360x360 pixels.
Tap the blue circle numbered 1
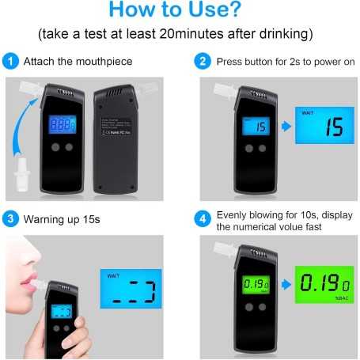[10, 61]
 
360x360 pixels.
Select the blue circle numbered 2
[203, 61]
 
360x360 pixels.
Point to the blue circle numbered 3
[10, 218]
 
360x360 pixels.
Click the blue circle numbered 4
[203, 218]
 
